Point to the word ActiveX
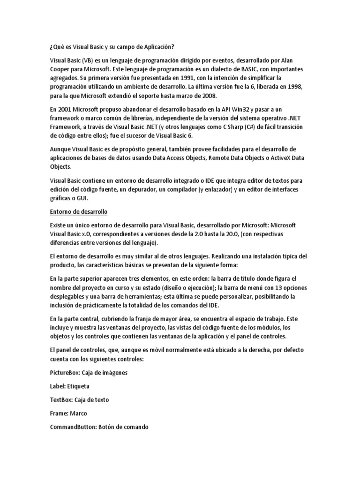coord(282,158)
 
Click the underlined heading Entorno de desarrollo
coord(79,212)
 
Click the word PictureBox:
coord(66,373)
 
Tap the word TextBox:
coord(61,400)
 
